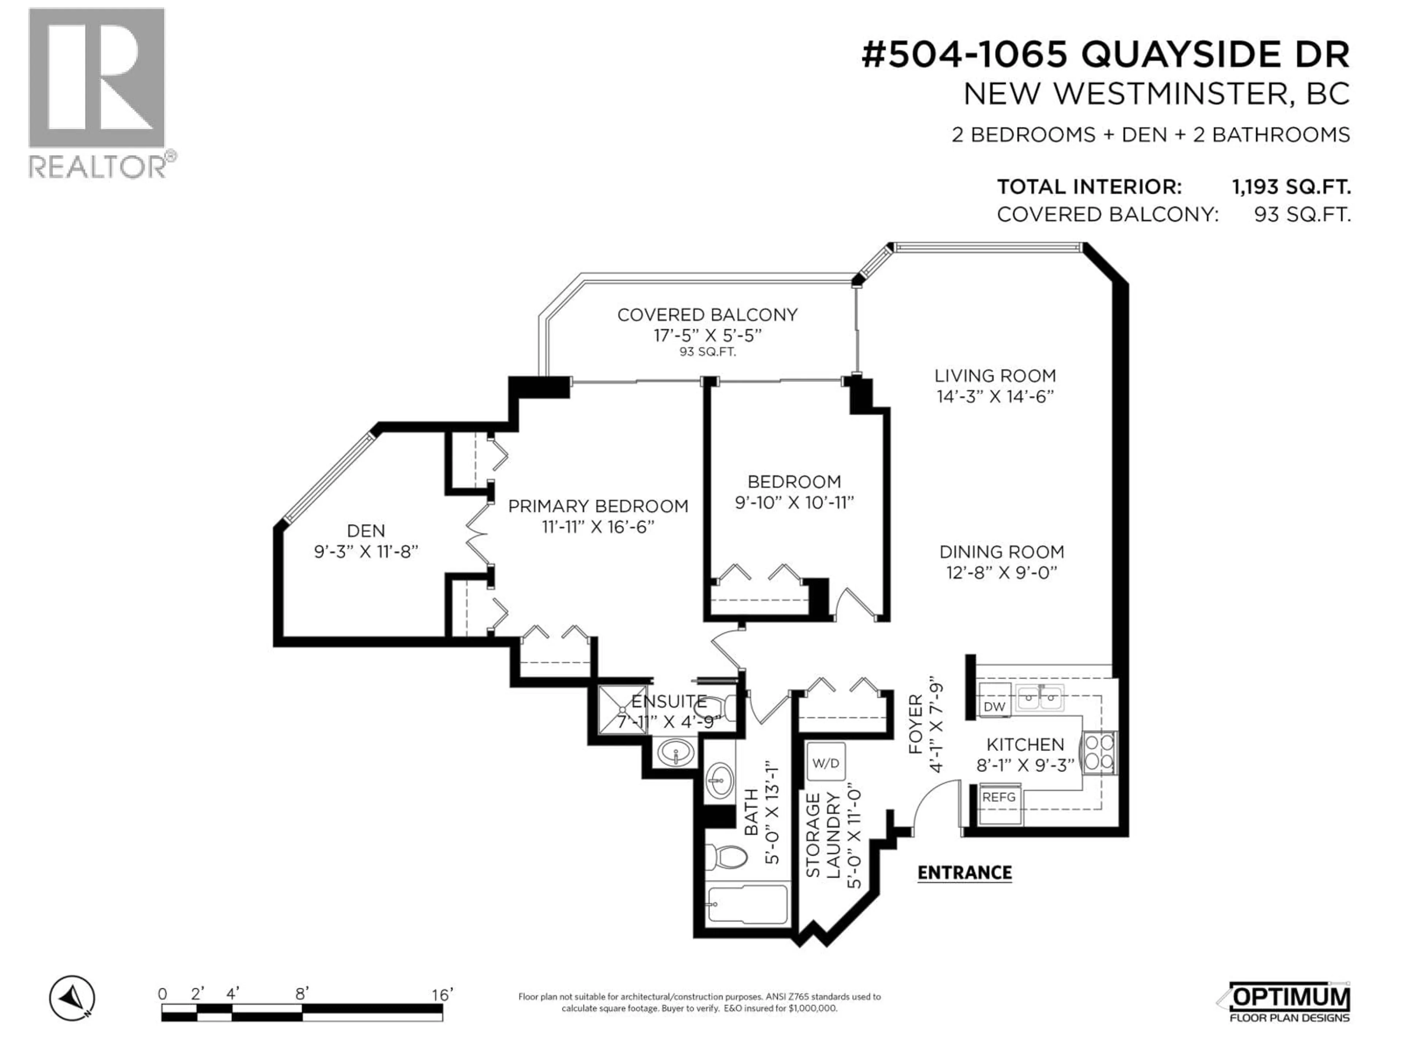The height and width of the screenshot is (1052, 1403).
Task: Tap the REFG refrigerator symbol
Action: (x=999, y=797)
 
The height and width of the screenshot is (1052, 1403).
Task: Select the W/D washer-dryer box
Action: (x=825, y=763)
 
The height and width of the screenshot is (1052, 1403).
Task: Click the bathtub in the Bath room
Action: (x=747, y=905)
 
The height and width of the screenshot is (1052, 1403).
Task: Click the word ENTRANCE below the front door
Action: (x=964, y=873)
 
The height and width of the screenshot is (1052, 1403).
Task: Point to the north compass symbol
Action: (x=72, y=998)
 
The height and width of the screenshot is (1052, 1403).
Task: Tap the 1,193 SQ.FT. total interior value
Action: (x=1291, y=187)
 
